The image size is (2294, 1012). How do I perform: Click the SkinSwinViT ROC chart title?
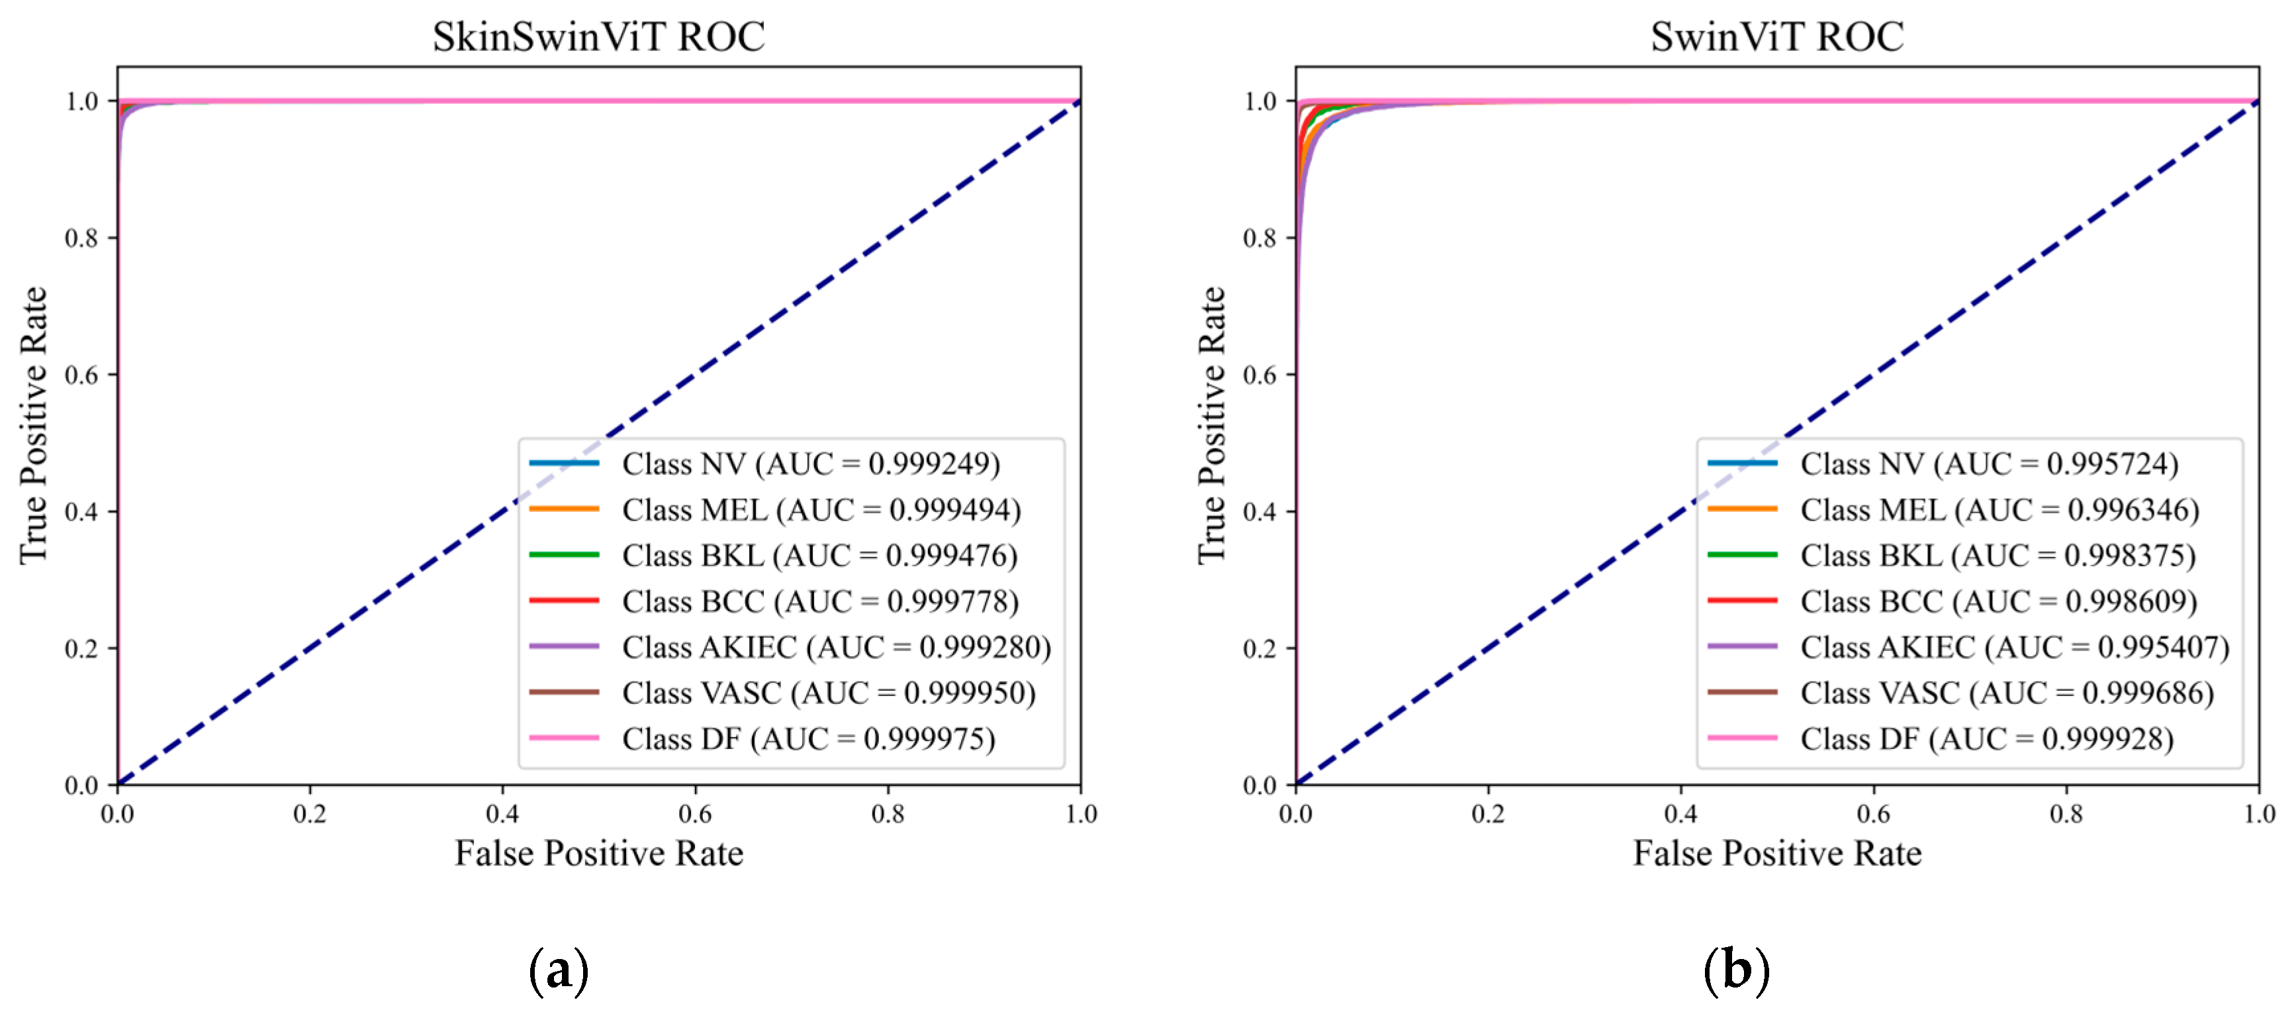point(598,36)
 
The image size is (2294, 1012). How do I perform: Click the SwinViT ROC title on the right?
point(1776,36)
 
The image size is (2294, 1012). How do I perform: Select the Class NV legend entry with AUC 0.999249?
point(810,463)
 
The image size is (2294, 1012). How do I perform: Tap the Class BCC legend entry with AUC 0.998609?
point(1998,601)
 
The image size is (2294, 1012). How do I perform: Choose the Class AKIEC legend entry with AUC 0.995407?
point(2015,647)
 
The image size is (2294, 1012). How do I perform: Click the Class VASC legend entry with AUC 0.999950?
point(828,692)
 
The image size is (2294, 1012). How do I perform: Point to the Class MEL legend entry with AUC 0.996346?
point(1999,509)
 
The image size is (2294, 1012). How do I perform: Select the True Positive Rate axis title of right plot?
point(1211,425)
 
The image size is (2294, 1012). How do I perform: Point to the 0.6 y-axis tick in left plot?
point(81,375)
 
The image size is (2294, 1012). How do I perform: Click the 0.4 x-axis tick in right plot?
point(1680,813)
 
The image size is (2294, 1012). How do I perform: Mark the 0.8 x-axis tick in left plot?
point(888,813)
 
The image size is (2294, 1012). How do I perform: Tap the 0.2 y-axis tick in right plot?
point(1260,648)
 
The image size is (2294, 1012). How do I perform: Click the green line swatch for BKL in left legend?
point(564,555)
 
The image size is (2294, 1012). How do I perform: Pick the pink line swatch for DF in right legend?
point(1742,738)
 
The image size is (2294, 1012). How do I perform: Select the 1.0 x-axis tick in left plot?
point(1081,813)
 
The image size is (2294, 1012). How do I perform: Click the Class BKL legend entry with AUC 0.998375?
point(1997,555)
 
